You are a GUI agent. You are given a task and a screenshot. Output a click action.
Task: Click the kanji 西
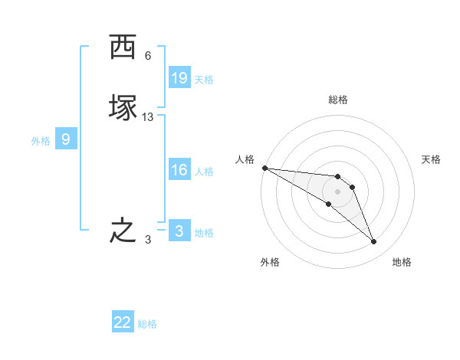(123, 48)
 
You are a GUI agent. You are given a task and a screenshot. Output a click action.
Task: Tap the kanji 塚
(123, 107)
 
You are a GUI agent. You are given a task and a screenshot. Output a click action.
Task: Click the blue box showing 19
(179, 78)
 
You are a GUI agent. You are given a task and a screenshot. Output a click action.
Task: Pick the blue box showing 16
(179, 170)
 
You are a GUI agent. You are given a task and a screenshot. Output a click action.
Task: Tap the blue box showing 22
(123, 322)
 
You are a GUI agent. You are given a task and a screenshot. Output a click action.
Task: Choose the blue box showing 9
(66, 139)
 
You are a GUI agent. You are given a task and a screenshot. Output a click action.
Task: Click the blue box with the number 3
(179, 231)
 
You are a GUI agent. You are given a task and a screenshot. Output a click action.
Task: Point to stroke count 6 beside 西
(148, 56)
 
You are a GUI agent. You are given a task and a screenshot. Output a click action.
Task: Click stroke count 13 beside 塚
(148, 117)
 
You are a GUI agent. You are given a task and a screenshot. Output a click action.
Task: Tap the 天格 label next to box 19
(204, 79)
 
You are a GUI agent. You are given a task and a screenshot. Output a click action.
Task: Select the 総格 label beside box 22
(147, 324)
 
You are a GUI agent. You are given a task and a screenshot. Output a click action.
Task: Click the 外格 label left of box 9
(41, 140)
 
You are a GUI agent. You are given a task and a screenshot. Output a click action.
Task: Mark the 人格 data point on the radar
(264, 168)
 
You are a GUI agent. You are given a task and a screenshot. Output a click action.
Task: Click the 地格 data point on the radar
(374, 242)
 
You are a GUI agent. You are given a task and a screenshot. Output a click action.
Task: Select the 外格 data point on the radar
(328, 204)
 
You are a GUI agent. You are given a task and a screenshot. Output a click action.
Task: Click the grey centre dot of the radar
(337, 191)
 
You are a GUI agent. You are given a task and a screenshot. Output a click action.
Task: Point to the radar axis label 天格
(432, 159)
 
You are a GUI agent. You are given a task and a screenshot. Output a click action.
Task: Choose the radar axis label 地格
(402, 262)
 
